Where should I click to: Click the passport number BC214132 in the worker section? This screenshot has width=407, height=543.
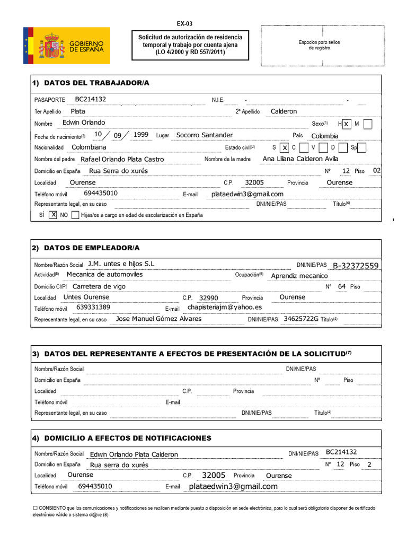point(91,99)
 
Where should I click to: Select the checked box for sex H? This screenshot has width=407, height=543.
point(346,124)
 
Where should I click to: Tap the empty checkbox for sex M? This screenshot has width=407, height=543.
point(368,124)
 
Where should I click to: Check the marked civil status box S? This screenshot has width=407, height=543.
point(285,147)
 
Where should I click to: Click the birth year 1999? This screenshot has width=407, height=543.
point(141,135)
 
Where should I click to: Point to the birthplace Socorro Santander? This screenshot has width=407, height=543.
point(204,135)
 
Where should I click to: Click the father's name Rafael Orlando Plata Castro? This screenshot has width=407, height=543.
point(122,159)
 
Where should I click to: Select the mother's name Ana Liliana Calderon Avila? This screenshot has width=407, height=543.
point(300,159)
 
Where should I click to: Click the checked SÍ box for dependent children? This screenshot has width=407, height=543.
point(53,215)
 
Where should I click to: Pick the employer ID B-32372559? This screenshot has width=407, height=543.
point(356,266)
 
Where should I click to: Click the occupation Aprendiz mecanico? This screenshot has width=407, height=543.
point(299,276)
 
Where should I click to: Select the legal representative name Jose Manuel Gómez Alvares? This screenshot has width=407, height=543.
point(158,319)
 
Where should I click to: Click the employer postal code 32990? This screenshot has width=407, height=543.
point(208,298)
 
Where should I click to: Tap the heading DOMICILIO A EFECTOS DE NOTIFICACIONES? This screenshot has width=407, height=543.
point(128,438)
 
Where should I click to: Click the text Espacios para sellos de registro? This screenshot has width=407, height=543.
point(320,45)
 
